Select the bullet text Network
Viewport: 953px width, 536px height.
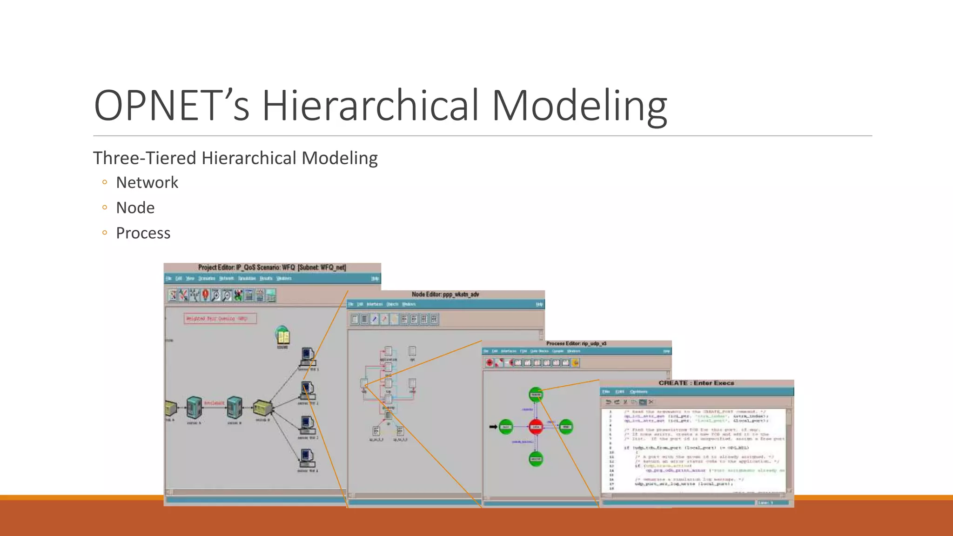[x=147, y=182]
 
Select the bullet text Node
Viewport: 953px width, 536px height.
[x=135, y=208]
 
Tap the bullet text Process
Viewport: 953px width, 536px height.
[x=143, y=233]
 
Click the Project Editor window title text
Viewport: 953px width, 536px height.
[x=272, y=268]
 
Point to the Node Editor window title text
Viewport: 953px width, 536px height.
[x=445, y=295]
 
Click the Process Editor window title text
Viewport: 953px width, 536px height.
[x=576, y=343]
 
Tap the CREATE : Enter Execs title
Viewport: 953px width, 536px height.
[x=696, y=383]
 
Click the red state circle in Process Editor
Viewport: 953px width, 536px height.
[x=536, y=427]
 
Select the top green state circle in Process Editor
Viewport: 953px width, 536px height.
[x=536, y=395]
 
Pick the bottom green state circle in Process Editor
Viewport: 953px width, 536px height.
[x=536, y=459]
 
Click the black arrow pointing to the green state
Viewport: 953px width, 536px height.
[x=493, y=427]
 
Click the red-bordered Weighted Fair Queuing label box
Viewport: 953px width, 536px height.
[x=220, y=319]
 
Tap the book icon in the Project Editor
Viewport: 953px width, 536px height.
[x=283, y=336]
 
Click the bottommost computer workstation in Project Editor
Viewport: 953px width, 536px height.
[x=307, y=458]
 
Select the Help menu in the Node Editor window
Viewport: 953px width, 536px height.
[x=539, y=304]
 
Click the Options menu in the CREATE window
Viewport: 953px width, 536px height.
[x=638, y=392]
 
